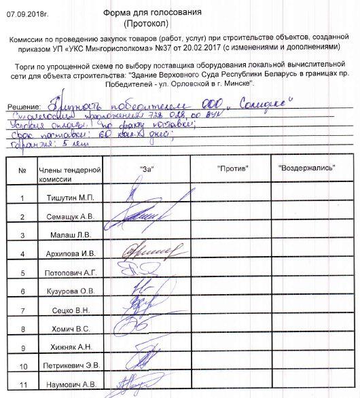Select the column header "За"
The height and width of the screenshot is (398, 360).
144,167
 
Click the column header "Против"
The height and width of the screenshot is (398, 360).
233,167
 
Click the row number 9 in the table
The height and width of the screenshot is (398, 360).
23,348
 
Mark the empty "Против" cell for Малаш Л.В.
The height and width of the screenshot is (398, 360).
233,235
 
